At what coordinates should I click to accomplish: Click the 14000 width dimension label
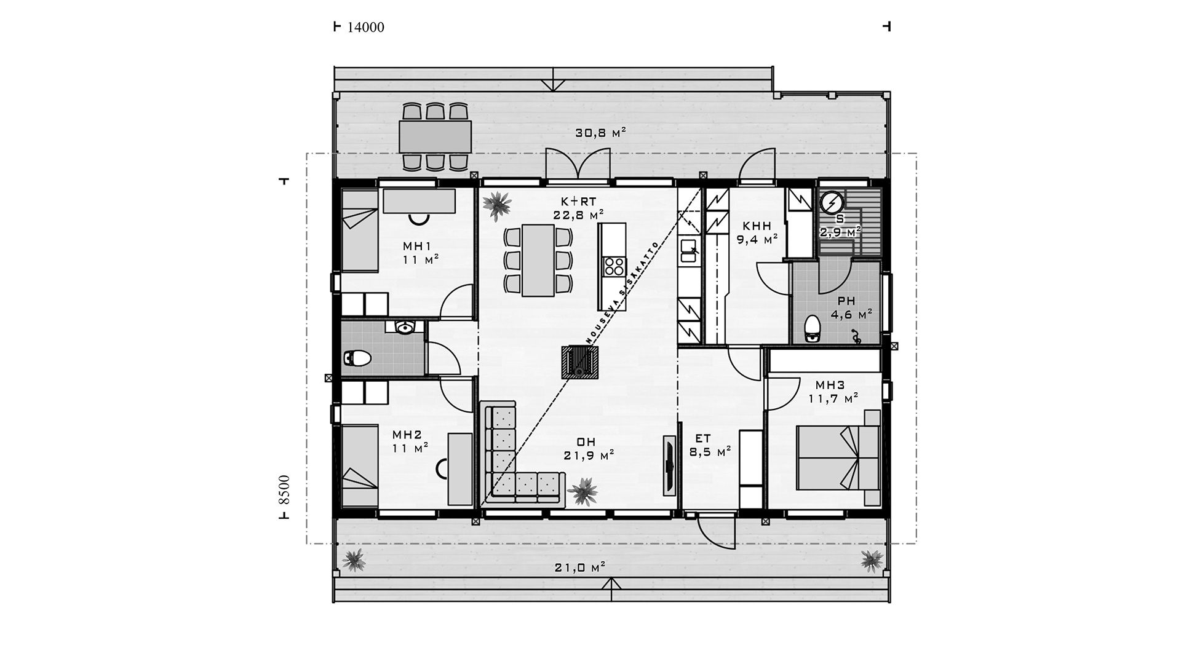point(366,27)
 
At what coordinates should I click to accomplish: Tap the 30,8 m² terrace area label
point(600,132)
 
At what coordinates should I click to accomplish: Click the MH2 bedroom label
point(407,435)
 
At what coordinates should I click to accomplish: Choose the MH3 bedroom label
point(830,385)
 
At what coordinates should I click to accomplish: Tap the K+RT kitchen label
point(578,201)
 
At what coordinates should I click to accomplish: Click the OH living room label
point(586,442)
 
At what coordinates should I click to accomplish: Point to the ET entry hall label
point(703,438)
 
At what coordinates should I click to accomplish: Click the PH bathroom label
point(846,301)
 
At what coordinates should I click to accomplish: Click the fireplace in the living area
point(579,362)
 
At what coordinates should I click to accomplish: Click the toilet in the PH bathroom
point(813,328)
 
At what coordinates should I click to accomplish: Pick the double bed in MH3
point(839,457)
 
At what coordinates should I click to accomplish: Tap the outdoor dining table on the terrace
point(435,136)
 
